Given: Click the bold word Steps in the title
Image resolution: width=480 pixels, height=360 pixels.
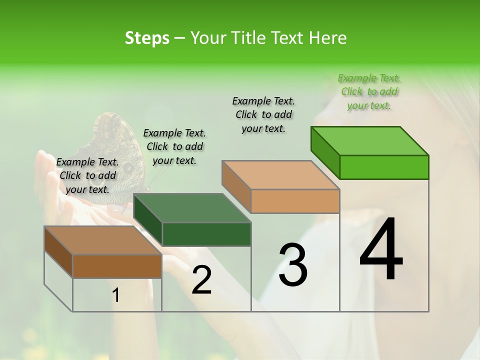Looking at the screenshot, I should pyautogui.click(x=147, y=38).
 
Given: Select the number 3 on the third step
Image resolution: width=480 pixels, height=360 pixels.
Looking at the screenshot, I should pyautogui.click(x=292, y=265).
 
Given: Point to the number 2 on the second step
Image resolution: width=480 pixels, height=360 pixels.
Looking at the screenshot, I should pyautogui.click(x=201, y=280).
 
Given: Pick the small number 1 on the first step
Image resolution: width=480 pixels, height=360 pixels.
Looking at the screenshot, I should pyautogui.click(x=116, y=295).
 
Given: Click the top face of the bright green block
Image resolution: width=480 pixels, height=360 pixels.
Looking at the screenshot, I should pyautogui.click(x=369, y=141).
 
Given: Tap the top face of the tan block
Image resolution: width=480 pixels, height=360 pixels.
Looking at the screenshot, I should pyautogui.click(x=280, y=175).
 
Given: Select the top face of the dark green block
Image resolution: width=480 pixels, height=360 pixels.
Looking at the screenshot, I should pyautogui.click(x=192, y=208).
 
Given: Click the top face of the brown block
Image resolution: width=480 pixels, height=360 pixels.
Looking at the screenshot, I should pyautogui.click(x=103, y=240).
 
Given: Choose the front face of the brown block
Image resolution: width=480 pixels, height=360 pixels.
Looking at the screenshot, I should pyautogui.click(x=117, y=266).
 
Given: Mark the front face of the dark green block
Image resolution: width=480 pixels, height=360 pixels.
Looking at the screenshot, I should pyautogui.click(x=206, y=234).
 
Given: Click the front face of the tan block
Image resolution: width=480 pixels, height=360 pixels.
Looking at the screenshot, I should pyautogui.click(x=295, y=201).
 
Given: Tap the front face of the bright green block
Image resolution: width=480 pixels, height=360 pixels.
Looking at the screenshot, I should pyautogui.click(x=384, y=167).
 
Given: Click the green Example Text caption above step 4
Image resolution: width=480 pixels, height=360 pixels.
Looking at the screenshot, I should pyautogui.click(x=369, y=91).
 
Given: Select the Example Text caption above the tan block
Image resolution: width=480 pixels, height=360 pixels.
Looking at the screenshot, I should pyautogui.click(x=263, y=114).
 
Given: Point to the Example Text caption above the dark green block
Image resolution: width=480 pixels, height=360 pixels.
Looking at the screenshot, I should pyautogui.click(x=174, y=146).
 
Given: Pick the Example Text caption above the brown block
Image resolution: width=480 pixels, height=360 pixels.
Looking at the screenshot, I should pyautogui.click(x=87, y=175).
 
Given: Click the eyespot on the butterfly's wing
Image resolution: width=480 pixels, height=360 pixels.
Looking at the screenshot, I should pyautogui.click(x=128, y=167).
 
